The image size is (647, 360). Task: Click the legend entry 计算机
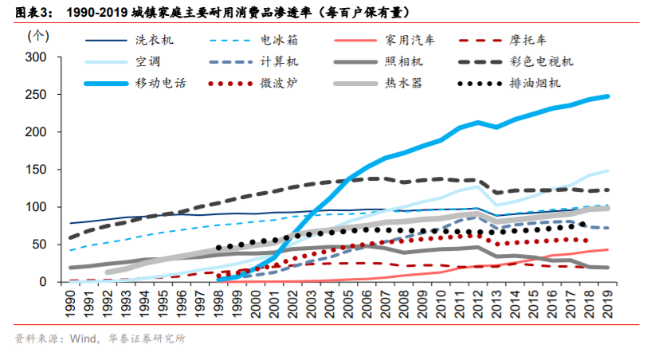(x=278, y=61)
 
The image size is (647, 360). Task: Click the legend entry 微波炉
(x=278, y=82)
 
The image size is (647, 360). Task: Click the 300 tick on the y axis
(x=37, y=57)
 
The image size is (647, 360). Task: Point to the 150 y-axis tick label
(x=37, y=170)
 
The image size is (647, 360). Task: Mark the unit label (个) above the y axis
(x=37, y=36)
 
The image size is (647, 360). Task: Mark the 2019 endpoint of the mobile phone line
(x=608, y=96)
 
